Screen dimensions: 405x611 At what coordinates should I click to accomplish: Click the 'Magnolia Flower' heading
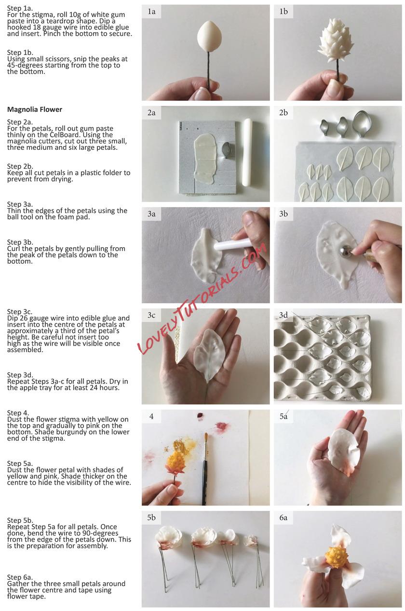[x=35, y=109]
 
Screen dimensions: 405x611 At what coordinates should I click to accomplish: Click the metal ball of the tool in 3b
[x=344, y=251]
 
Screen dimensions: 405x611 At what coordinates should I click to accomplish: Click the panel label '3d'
[x=283, y=315]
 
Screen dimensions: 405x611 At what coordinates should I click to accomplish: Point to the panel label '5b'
[x=151, y=518]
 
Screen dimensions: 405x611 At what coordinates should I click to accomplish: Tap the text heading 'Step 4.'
[x=18, y=412]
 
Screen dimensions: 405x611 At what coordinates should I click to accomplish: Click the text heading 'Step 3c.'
[x=20, y=311]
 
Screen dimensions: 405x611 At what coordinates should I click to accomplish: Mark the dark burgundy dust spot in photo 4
[x=201, y=415]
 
